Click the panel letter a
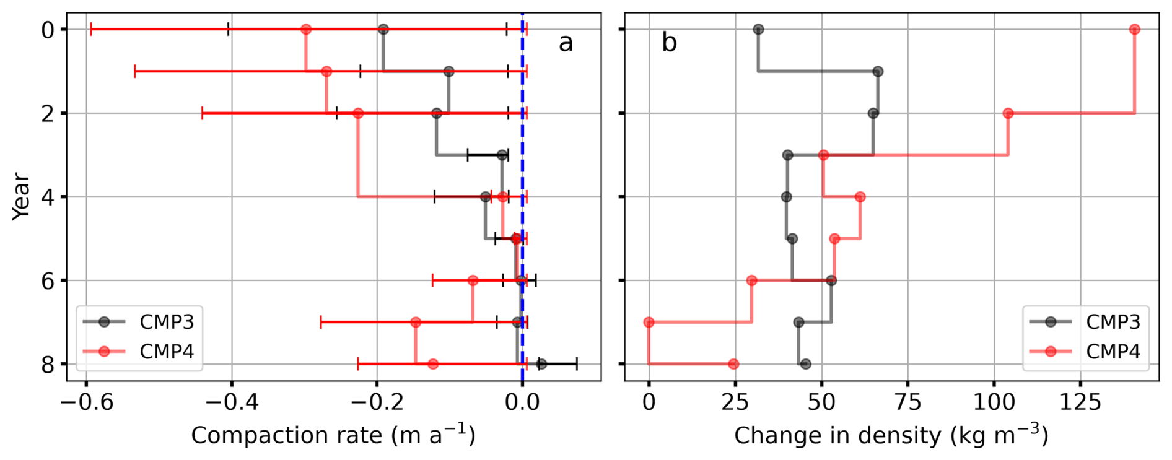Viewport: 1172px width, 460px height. click(566, 43)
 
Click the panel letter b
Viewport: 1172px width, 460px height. click(669, 42)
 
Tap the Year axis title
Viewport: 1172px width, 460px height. click(22, 196)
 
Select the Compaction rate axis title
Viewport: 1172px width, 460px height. click(333, 435)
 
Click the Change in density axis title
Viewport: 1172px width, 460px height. click(891, 435)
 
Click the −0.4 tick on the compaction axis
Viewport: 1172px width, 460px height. click(232, 402)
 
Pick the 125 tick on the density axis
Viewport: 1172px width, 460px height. click(1081, 402)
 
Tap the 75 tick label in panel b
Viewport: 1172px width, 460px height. click(908, 402)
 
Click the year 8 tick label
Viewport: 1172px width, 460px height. click(48, 365)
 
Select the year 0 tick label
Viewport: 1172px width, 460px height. click(48, 30)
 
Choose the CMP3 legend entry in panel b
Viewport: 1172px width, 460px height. click(1085, 321)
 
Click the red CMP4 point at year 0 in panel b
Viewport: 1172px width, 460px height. click(1134, 29)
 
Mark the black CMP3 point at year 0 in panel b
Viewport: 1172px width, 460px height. click(758, 29)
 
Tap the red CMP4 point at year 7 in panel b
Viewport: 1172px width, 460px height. click(649, 322)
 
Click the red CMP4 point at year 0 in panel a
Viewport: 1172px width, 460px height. click(306, 29)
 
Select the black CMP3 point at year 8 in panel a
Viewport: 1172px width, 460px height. click(541, 364)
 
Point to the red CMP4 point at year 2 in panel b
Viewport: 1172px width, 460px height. click(1008, 113)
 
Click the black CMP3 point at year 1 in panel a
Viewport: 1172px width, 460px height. click(449, 71)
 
